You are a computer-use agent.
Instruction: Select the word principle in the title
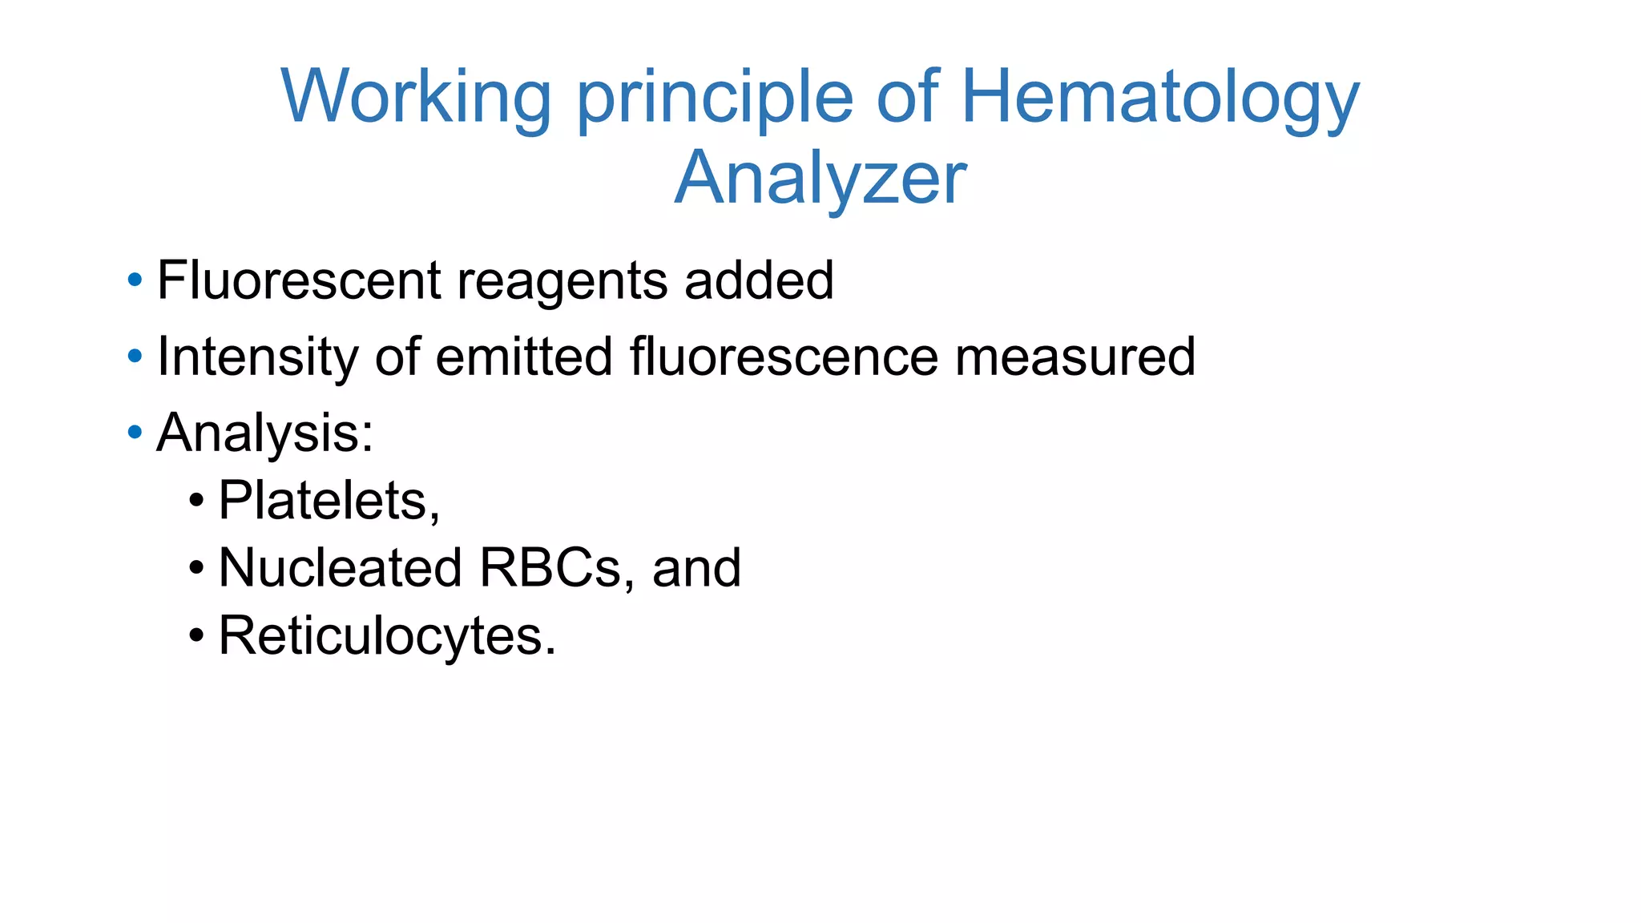(x=715, y=98)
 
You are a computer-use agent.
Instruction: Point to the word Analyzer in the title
(x=820, y=178)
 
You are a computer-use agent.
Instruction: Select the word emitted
(x=524, y=357)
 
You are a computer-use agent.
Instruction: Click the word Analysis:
(x=265, y=433)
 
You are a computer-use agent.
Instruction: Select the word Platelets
(x=329, y=501)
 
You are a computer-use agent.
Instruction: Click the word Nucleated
(x=341, y=568)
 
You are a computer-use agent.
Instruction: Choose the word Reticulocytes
(x=386, y=636)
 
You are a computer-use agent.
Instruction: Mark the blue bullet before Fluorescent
(x=135, y=281)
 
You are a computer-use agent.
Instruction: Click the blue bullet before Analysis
(x=135, y=433)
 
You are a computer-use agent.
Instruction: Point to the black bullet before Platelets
(x=196, y=502)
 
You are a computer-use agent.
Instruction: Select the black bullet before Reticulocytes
(x=196, y=638)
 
